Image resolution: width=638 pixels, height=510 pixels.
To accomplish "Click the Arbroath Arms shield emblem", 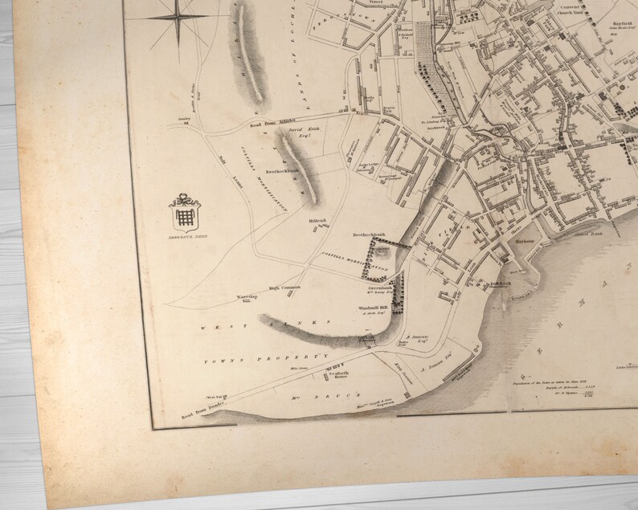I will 186,213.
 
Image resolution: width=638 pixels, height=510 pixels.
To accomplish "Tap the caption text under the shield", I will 186,239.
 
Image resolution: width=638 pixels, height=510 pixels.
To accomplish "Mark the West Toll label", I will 212,395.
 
